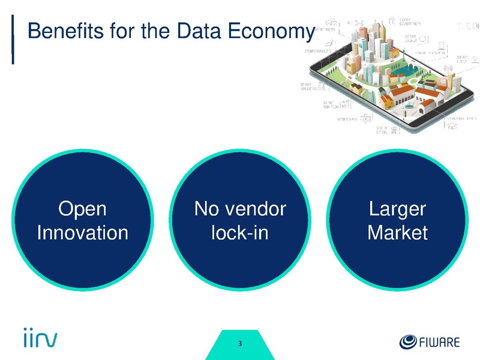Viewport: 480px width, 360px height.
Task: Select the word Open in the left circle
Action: [x=82, y=209]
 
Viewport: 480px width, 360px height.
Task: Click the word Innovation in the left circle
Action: [x=82, y=232]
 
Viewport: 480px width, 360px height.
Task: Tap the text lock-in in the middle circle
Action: [x=240, y=232]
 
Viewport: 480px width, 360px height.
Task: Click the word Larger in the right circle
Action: [x=397, y=209]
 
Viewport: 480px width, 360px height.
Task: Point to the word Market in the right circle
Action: [x=397, y=232]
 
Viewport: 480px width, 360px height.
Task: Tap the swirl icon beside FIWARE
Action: [x=407, y=342]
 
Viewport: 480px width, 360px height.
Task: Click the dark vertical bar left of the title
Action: [x=13, y=39]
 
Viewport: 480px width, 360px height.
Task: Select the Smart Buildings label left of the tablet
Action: [x=311, y=88]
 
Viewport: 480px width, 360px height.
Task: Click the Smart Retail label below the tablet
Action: [x=382, y=129]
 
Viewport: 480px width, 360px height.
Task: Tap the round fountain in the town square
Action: [x=409, y=106]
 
